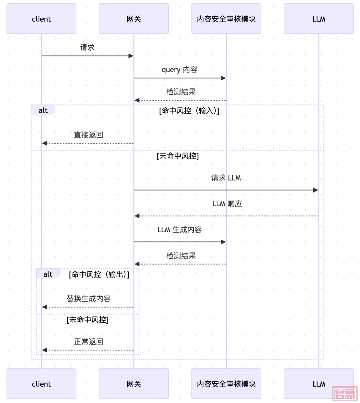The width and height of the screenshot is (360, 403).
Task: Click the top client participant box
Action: click(x=41, y=19)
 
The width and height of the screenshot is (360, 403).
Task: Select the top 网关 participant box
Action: click(x=134, y=19)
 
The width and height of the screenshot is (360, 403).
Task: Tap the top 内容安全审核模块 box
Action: click(x=226, y=19)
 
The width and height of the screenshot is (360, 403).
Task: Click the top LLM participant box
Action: click(x=318, y=19)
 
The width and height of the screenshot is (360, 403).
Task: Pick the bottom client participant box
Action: click(x=41, y=384)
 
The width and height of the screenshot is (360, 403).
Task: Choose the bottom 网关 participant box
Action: click(x=134, y=384)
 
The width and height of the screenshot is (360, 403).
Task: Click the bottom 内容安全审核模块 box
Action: click(x=226, y=384)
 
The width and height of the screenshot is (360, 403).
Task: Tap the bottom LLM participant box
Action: click(x=318, y=384)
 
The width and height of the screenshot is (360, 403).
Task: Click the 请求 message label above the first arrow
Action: click(x=87, y=48)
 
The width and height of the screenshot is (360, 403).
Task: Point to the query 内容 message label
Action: click(x=180, y=70)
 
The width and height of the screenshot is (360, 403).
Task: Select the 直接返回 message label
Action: click(x=88, y=135)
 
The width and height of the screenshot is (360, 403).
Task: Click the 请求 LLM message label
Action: click(x=226, y=178)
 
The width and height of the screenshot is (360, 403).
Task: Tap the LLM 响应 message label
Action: click(x=227, y=204)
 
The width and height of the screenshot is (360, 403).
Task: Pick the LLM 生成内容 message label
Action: click(x=180, y=230)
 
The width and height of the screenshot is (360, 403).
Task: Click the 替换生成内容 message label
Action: click(x=88, y=299)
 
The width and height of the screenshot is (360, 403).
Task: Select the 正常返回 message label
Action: click(x=88, y=342)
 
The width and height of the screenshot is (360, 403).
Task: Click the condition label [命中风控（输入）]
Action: click(x=189, y=111)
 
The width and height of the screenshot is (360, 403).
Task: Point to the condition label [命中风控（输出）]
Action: click(x=99, y=275)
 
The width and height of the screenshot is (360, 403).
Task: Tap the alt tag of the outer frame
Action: click(x=43, y=110)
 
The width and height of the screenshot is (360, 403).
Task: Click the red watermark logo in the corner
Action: click(x=344, y=394)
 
